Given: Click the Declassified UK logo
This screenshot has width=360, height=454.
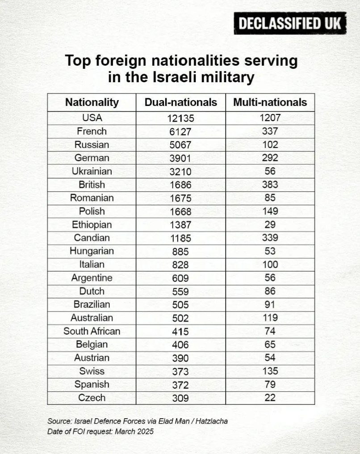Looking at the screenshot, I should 290,23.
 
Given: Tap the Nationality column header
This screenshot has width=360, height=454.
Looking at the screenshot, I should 92,102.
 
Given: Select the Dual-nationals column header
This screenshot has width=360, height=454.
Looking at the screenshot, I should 181,102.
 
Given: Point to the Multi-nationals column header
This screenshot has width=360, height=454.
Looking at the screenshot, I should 270,102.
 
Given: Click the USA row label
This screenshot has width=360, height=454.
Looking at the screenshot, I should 92,118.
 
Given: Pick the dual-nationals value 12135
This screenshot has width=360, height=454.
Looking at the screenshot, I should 181,118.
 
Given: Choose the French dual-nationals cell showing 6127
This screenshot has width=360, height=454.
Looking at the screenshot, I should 181,132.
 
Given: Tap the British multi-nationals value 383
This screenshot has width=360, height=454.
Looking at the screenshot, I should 270,185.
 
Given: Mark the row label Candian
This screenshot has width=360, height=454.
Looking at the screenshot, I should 92,238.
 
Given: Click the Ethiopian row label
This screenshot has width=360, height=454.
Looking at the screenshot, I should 92,224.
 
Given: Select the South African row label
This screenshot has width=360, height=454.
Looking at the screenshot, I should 92,331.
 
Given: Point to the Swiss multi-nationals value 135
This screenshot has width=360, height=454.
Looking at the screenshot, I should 270,371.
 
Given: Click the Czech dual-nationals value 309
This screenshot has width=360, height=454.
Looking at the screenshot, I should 181,398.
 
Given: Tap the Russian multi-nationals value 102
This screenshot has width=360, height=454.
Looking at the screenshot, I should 270,145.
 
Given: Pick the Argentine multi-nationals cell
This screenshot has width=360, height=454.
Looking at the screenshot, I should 270,277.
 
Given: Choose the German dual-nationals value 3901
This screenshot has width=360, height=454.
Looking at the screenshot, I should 181,158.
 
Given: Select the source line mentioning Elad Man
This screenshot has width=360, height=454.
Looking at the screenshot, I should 138,421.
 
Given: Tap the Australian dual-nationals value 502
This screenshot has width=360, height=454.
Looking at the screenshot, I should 181,318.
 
